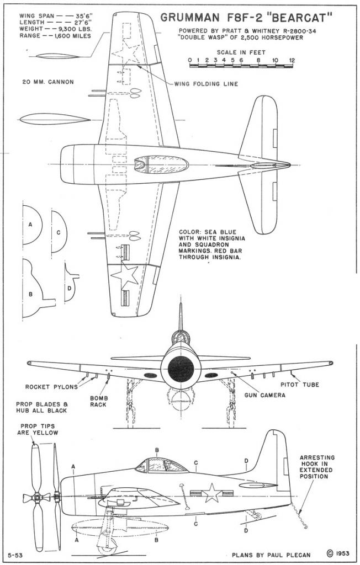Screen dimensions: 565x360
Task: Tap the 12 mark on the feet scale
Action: (x=291, y=60)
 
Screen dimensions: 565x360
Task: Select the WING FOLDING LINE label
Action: (x=206, y=84)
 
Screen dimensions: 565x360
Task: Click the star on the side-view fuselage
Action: (x=211, y=493)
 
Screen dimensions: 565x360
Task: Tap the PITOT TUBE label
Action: (x=308, y=384)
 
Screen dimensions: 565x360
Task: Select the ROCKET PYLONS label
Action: (x=51, y=386)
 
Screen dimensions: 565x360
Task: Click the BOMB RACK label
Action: (x=100, y=401)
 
